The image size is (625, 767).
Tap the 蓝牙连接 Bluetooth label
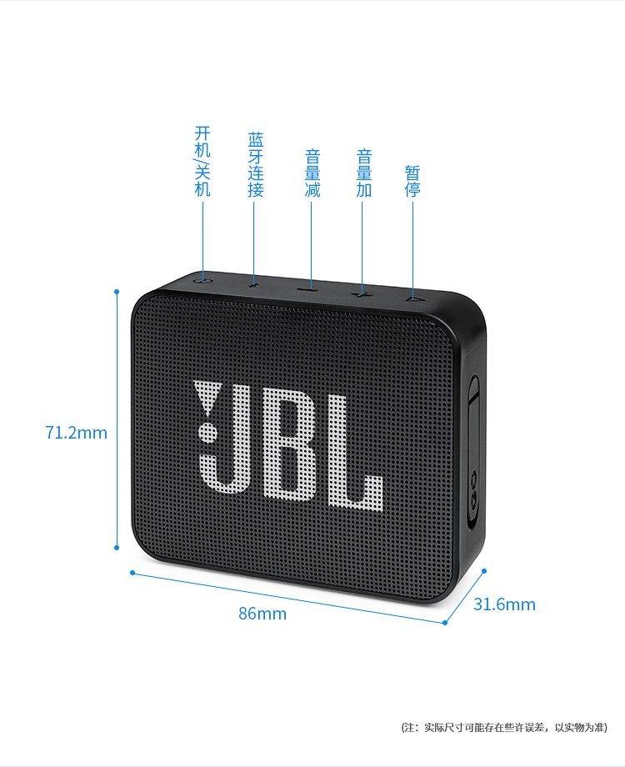tap(255, 164)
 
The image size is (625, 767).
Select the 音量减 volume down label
tap(312, 173)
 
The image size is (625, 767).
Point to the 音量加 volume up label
tap(363, 173)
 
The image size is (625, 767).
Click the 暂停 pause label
tap(412, 181)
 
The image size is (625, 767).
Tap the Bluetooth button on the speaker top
tap(254, 283)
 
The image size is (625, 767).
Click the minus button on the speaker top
tap(310, 288)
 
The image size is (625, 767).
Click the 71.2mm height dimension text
tap(76, 433)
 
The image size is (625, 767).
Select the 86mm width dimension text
tap(262, 614)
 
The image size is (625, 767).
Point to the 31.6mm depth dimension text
tap(504, 604)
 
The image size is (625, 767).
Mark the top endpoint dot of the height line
tap(117, 292)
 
